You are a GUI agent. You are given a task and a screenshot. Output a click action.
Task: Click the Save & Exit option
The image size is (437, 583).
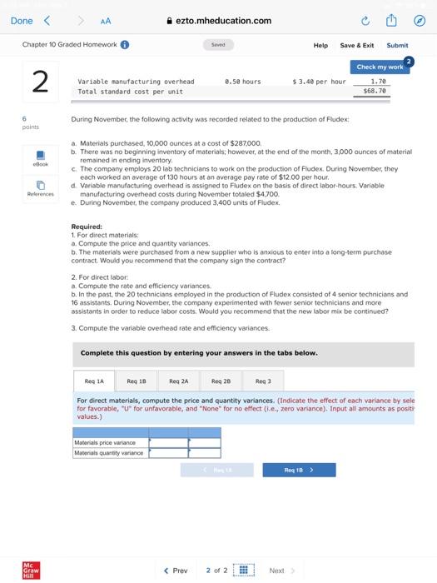tap(356, 45)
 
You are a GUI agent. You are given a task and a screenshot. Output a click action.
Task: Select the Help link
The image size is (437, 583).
tap(320, 45)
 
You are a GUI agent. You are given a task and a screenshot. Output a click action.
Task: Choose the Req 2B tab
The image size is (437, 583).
tap(221, 381)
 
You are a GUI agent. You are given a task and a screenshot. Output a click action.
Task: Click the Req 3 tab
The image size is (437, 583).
tap(263, 381)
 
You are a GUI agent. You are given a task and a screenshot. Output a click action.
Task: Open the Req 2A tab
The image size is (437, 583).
tap(178, 381)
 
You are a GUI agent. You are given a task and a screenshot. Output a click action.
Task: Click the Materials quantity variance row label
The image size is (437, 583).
tap(108, 453)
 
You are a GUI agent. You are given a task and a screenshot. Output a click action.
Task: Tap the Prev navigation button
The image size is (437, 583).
tap(175, 571)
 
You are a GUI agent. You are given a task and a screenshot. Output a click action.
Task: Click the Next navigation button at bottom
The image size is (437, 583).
tap(281, 571)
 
